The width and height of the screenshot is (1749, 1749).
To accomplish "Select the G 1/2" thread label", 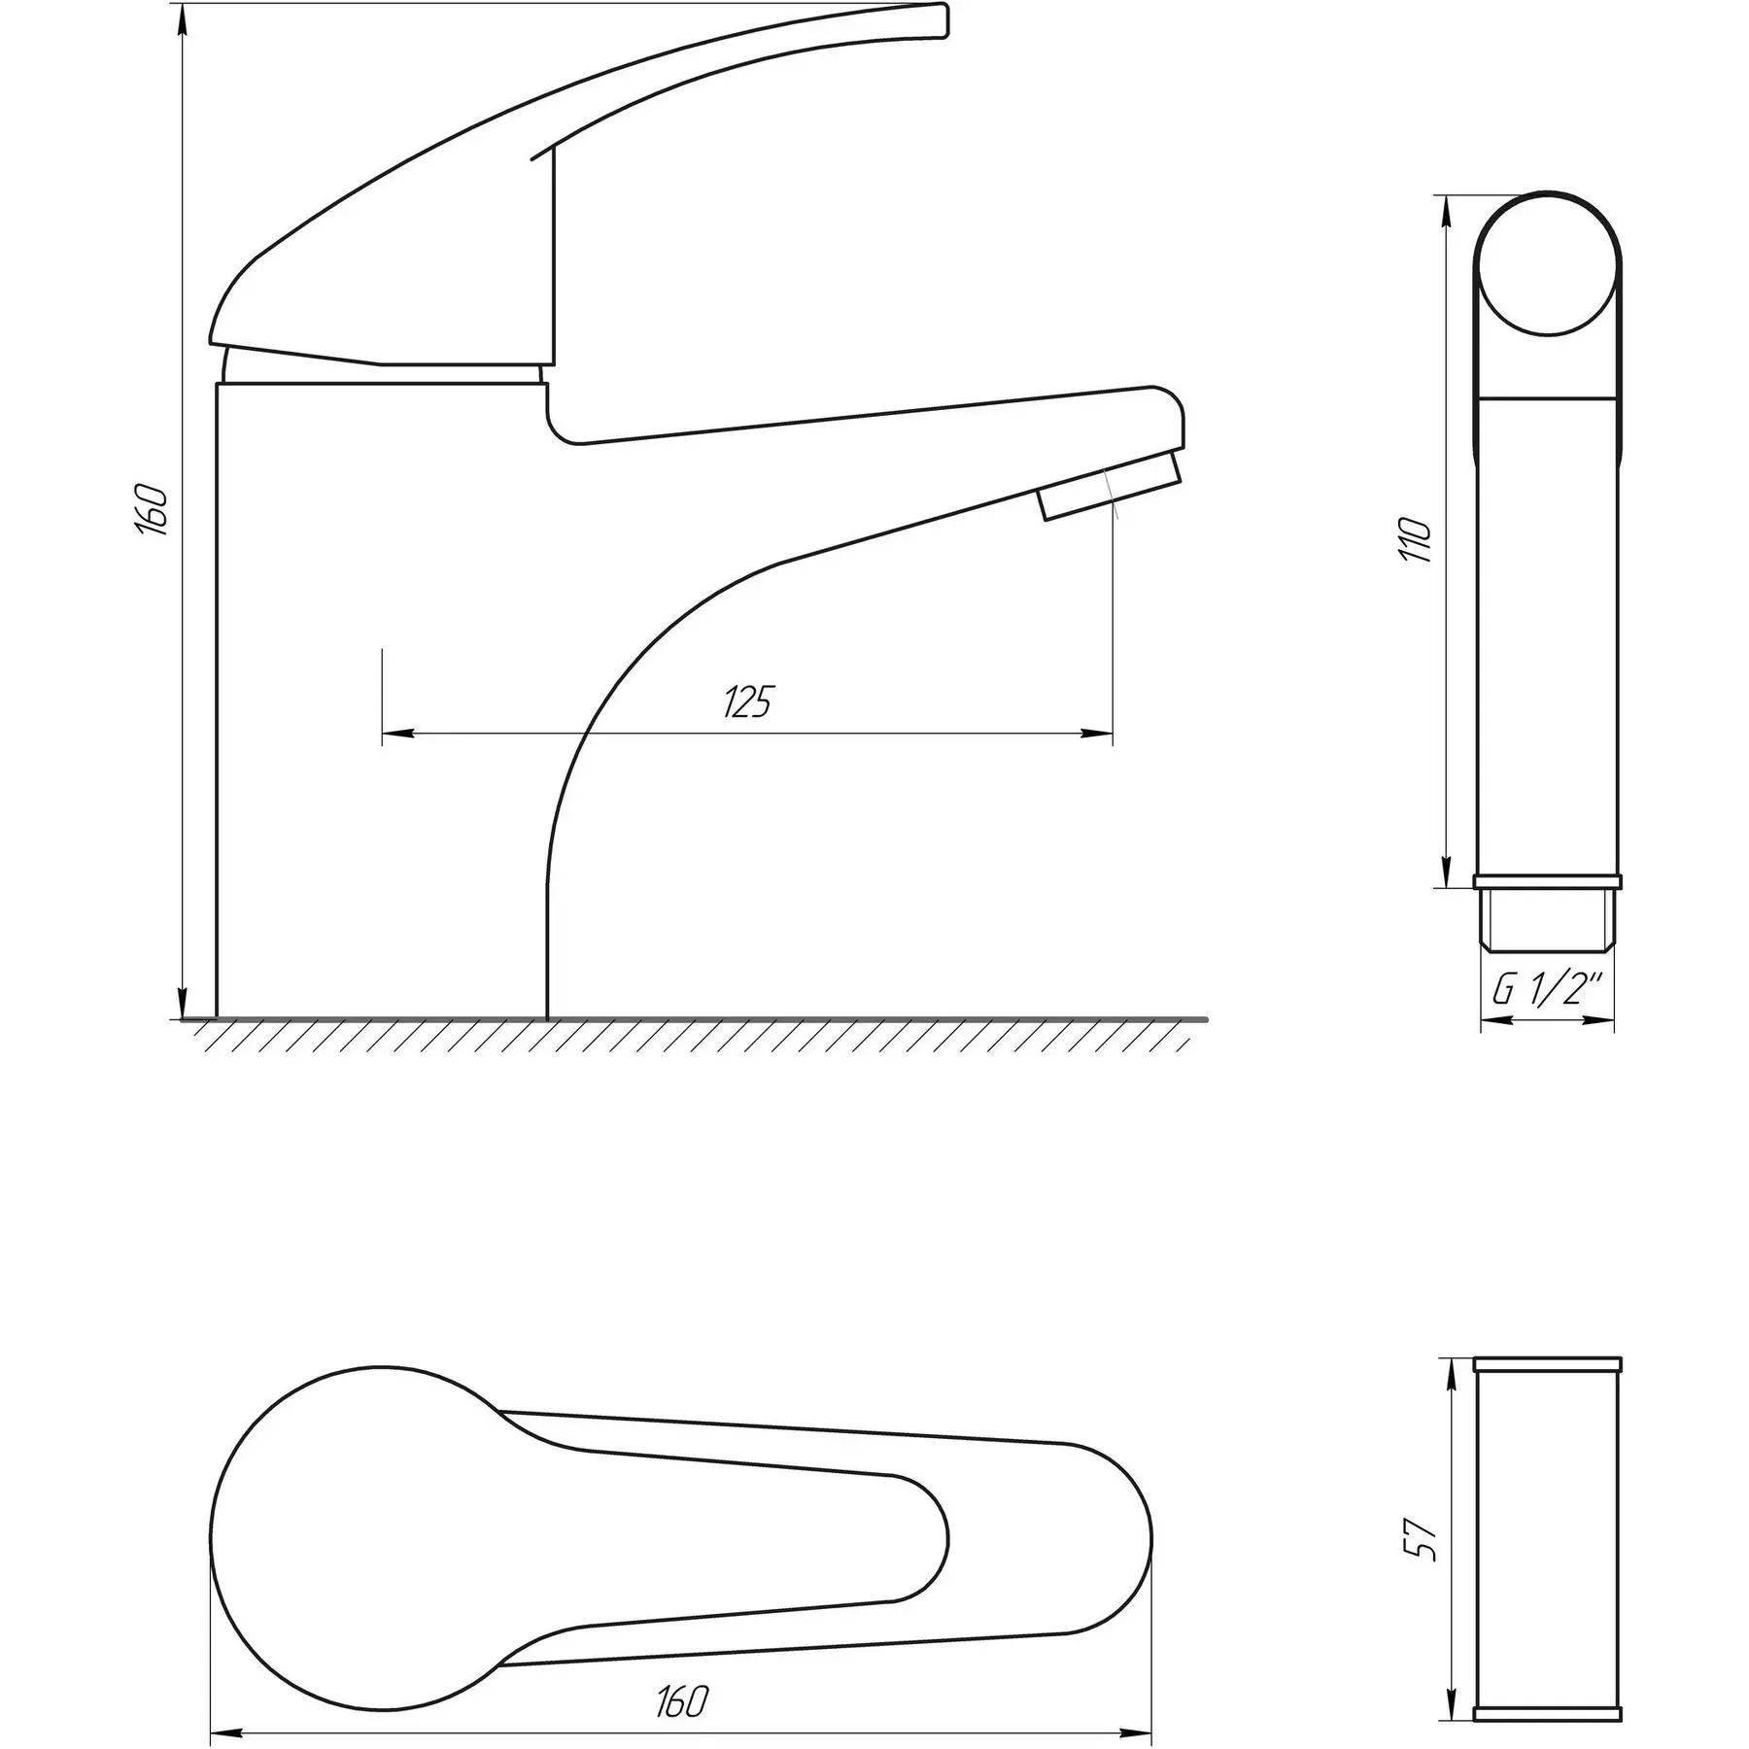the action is click(x=1547, y=991).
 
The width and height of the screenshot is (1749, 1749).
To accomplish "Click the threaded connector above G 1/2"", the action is click(x=1548, y=917).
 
